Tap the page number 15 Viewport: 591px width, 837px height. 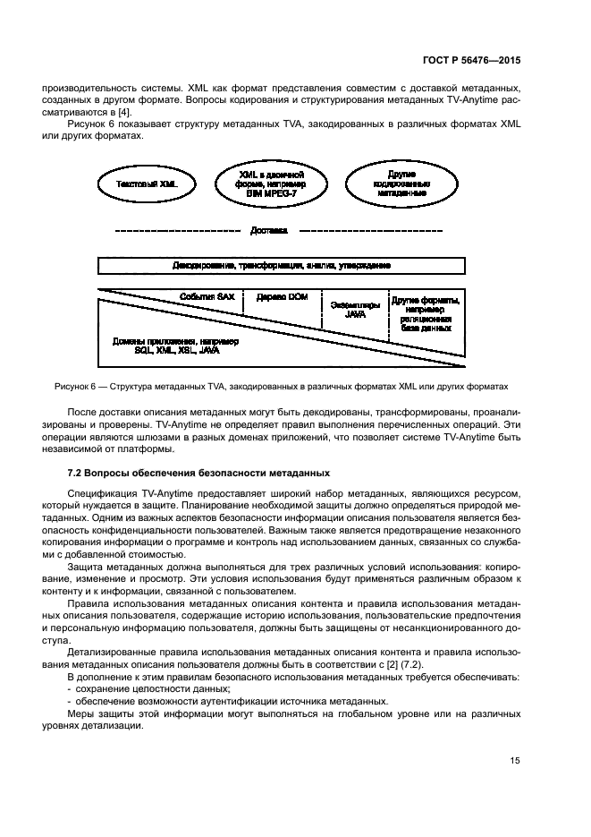514,761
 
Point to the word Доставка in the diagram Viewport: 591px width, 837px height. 268,230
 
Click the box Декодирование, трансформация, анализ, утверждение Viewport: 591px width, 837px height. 281,266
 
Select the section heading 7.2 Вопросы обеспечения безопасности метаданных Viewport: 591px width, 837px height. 198,473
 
